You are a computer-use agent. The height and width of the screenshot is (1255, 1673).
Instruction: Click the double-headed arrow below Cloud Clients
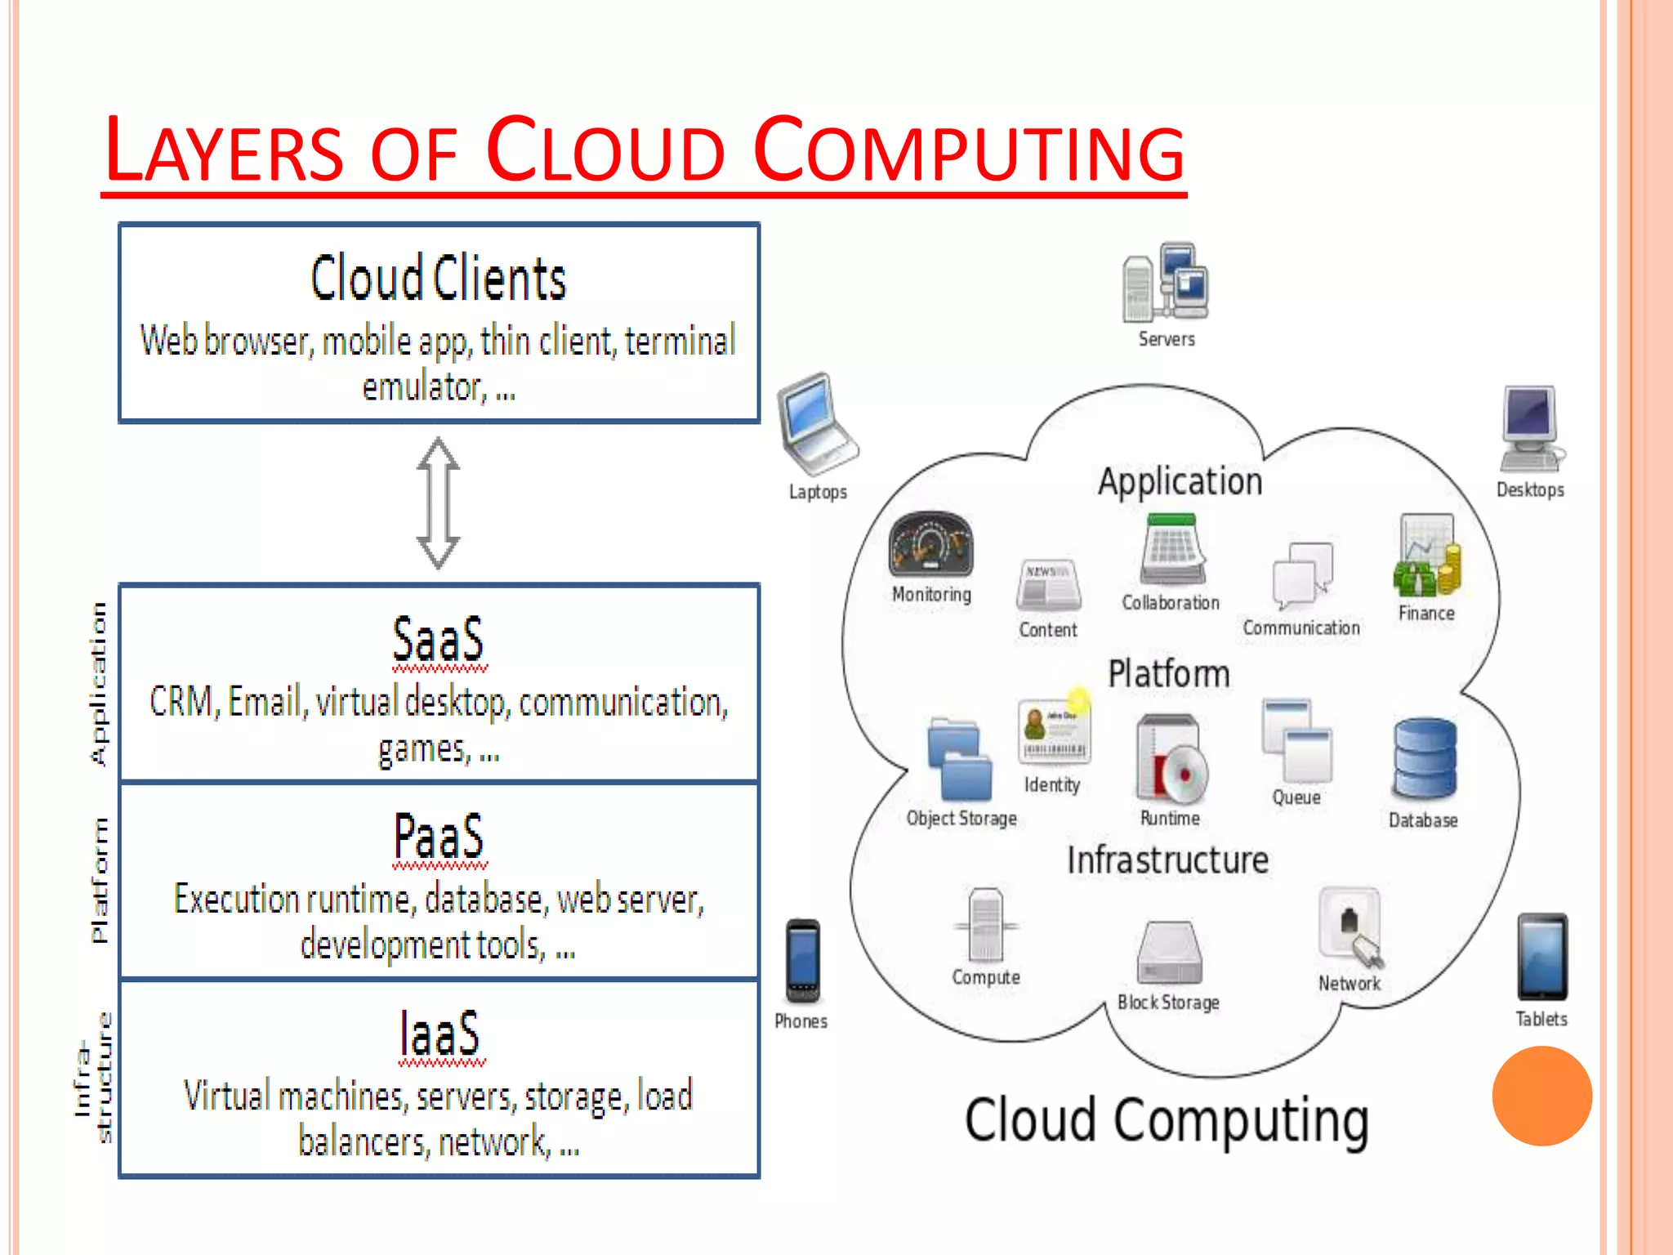pos(438,502)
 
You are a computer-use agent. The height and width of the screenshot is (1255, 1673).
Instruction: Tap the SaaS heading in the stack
pos(438,640)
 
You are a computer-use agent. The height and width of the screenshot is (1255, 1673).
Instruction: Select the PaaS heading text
pos(438,837)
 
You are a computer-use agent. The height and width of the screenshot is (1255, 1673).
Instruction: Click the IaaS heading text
pos(439,1034)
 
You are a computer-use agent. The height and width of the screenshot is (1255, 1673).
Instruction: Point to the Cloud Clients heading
pos(438,279)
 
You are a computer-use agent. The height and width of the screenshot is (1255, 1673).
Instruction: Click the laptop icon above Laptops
pos(816,424)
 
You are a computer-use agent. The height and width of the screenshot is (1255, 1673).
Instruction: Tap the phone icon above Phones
pos(802,961)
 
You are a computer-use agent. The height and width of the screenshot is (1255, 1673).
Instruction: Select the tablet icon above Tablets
pos(1541,957)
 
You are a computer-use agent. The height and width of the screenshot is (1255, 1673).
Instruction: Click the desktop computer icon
pos(1530,429)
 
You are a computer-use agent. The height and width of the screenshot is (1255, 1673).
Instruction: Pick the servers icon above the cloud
pos(1166,283)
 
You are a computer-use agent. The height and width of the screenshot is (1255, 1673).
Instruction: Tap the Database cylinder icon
pos(1424,758)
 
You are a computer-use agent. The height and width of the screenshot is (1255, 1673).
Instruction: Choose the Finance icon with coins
pos(1426,556)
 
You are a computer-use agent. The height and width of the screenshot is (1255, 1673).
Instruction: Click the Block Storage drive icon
pos(1169,953)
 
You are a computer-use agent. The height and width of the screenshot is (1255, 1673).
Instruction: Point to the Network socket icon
pos(1350,927)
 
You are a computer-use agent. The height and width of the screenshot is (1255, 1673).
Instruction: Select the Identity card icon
pos(1053,732)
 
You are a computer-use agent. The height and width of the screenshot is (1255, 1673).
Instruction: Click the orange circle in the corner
pos(1541,1096)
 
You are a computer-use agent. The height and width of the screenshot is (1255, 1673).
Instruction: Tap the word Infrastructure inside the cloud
pos(1167,860)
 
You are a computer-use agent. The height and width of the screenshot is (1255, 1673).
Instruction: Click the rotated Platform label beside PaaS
pos(98,880)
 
